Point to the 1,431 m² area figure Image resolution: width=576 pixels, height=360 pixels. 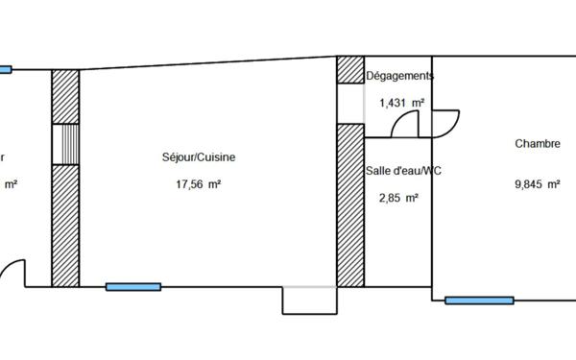tap(402, 102)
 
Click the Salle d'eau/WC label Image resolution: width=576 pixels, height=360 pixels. tap(403, 170)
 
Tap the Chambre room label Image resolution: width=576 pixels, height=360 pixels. tap(537, 144)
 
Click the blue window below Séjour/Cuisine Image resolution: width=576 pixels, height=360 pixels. tap(132, 286)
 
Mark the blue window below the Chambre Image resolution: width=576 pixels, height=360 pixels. tap(479, 300)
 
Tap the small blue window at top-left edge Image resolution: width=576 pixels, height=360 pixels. tap(5, 69)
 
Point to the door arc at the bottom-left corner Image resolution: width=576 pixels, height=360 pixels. tap(12, 274)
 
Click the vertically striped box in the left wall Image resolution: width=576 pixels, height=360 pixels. tap(64, 144)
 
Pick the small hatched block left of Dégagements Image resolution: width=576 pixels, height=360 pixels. tap(349, 70)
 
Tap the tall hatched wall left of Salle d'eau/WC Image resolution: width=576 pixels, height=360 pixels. tap(349, 204)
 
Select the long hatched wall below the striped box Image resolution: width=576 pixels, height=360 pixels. tap(64, 226)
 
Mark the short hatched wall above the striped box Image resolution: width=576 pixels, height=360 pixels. tap(64, 96)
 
